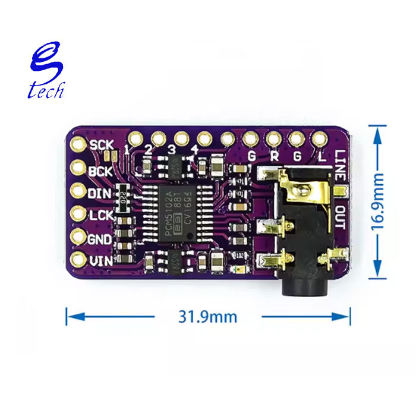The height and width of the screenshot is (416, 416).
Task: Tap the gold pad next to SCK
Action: [x=78, y=144]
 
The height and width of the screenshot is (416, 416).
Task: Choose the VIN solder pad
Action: [x=78, y=260]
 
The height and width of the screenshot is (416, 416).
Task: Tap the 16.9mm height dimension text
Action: [x=377, y=201]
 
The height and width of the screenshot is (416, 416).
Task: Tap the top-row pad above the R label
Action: [x=273, y=139]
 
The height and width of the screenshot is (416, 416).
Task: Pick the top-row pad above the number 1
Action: [x=135, y=139]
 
